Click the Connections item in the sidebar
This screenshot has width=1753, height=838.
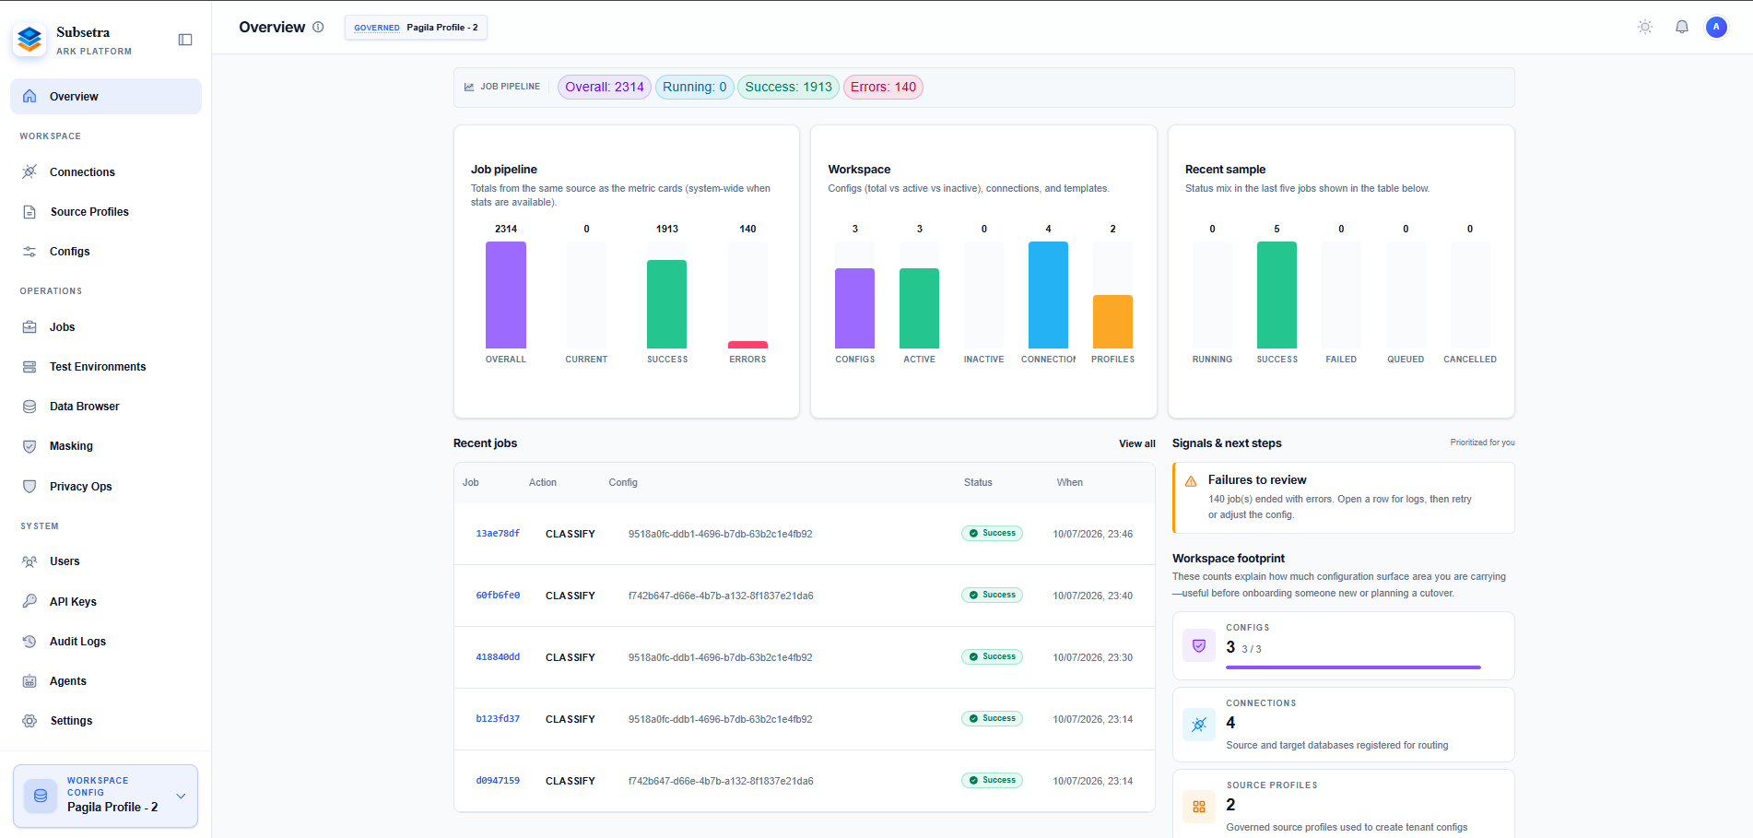tap(82, 172)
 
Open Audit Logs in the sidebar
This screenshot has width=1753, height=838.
tap(77, 642)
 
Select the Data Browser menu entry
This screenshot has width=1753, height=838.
tap(84, 407)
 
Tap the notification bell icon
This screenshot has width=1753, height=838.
tap(1682, 27)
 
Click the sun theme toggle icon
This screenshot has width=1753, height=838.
tap(1645, 27)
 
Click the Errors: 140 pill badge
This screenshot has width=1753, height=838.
tap(883, 87)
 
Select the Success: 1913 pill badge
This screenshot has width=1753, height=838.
tap(788, 87)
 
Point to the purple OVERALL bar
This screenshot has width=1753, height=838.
tap(506, 295)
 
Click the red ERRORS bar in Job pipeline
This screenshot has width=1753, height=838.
tap(747, 345)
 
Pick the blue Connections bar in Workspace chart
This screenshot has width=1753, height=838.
tap(1048, 295)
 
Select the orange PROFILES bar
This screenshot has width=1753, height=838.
tap(1112, 322)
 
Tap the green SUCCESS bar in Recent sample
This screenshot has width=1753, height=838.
tap(1277, 295)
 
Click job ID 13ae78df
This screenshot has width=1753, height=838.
tap(498, 534)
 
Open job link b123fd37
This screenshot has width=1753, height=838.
tap(498, 719)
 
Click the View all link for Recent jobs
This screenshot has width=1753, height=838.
tap(1137, 443)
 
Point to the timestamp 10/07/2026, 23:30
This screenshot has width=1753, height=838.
tap(1093, 657)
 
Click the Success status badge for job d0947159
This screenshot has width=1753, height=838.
tap(992, 780)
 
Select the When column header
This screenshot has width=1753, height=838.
tap(1070, 482)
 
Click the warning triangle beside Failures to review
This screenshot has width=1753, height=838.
tap(1191, 481)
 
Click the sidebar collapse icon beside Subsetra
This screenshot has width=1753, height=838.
tap(185, 40)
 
